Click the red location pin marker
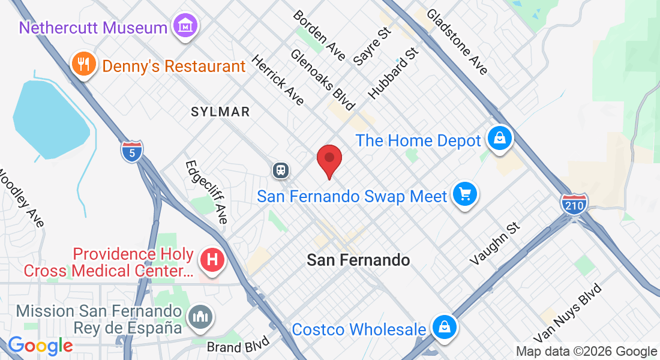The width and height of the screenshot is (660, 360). pos(329,160)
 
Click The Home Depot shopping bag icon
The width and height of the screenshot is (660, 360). pos(499,139)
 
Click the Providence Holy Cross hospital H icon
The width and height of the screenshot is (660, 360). pos(211,260)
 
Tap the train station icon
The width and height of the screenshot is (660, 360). pos(280,170)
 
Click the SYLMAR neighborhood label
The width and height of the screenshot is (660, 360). pos(220,112)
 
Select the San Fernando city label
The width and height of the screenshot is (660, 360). pos(358,260)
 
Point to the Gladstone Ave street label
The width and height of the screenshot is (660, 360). pos(457,41)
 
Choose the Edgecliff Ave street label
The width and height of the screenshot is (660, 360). pos(207,191)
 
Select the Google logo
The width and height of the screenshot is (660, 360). pos(40,346)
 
